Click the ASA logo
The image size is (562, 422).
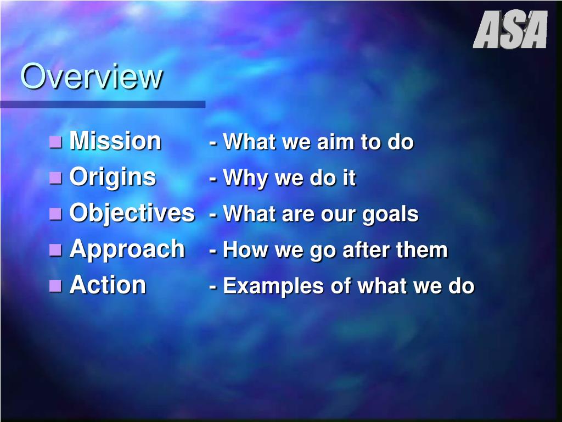pos(510,30)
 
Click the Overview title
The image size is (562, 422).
pos(92,76)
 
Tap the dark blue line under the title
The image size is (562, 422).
pos(103,104)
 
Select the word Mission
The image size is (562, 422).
pos(115,140)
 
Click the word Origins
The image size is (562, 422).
pos(113,177)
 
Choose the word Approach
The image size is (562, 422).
pos(127,249)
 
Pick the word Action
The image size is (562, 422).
pos(108,285)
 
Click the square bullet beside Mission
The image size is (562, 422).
pos(55,142)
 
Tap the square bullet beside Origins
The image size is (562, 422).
pos(55,177)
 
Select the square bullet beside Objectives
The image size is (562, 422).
pos(55,214)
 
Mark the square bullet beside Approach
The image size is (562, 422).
pos(55,250)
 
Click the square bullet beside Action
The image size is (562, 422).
pos(55,286)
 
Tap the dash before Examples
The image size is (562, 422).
pos(213,287)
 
